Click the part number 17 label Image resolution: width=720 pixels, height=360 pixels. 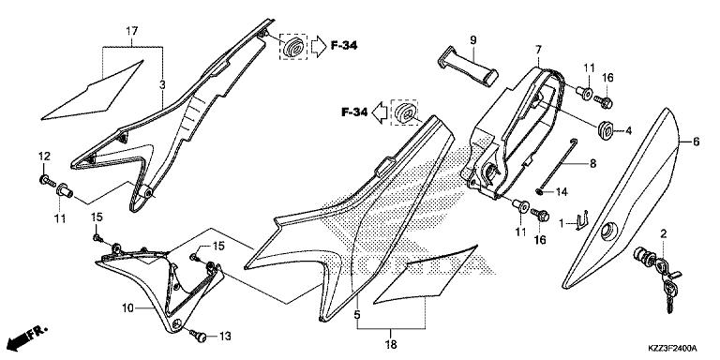132,31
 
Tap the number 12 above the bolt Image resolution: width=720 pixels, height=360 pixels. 44,156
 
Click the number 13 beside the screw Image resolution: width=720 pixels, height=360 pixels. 225,336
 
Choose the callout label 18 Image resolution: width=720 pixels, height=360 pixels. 390,345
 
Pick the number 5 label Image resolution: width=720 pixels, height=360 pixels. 357,317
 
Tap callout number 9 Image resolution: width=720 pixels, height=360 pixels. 473,39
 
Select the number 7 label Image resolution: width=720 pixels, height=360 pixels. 539,49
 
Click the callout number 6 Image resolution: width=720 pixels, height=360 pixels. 696,142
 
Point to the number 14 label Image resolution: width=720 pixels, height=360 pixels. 562,192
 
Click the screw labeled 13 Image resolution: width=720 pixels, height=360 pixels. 199,333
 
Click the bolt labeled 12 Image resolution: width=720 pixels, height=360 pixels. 44,177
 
